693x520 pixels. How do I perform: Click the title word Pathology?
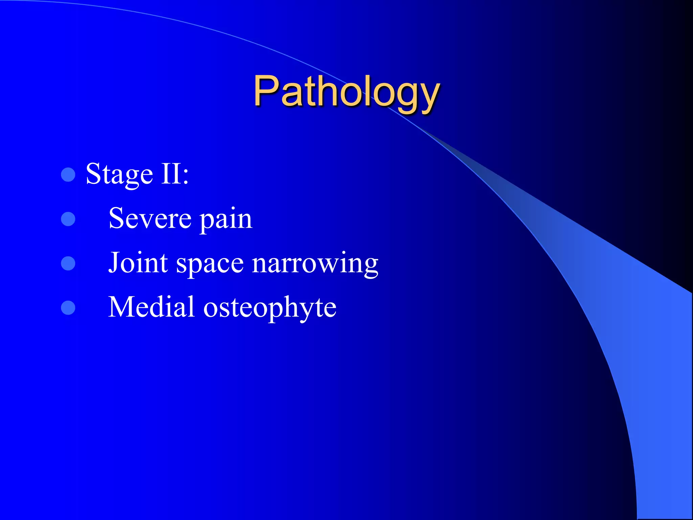point(346,92)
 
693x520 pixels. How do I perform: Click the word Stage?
point(119,175)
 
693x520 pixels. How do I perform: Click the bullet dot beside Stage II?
point(68,175)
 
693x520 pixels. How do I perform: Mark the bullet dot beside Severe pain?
point(68,219)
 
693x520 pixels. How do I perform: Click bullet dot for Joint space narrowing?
point(68,263)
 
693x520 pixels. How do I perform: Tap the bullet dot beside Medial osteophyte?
point(68,308)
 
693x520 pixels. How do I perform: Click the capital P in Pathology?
point(266,91)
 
